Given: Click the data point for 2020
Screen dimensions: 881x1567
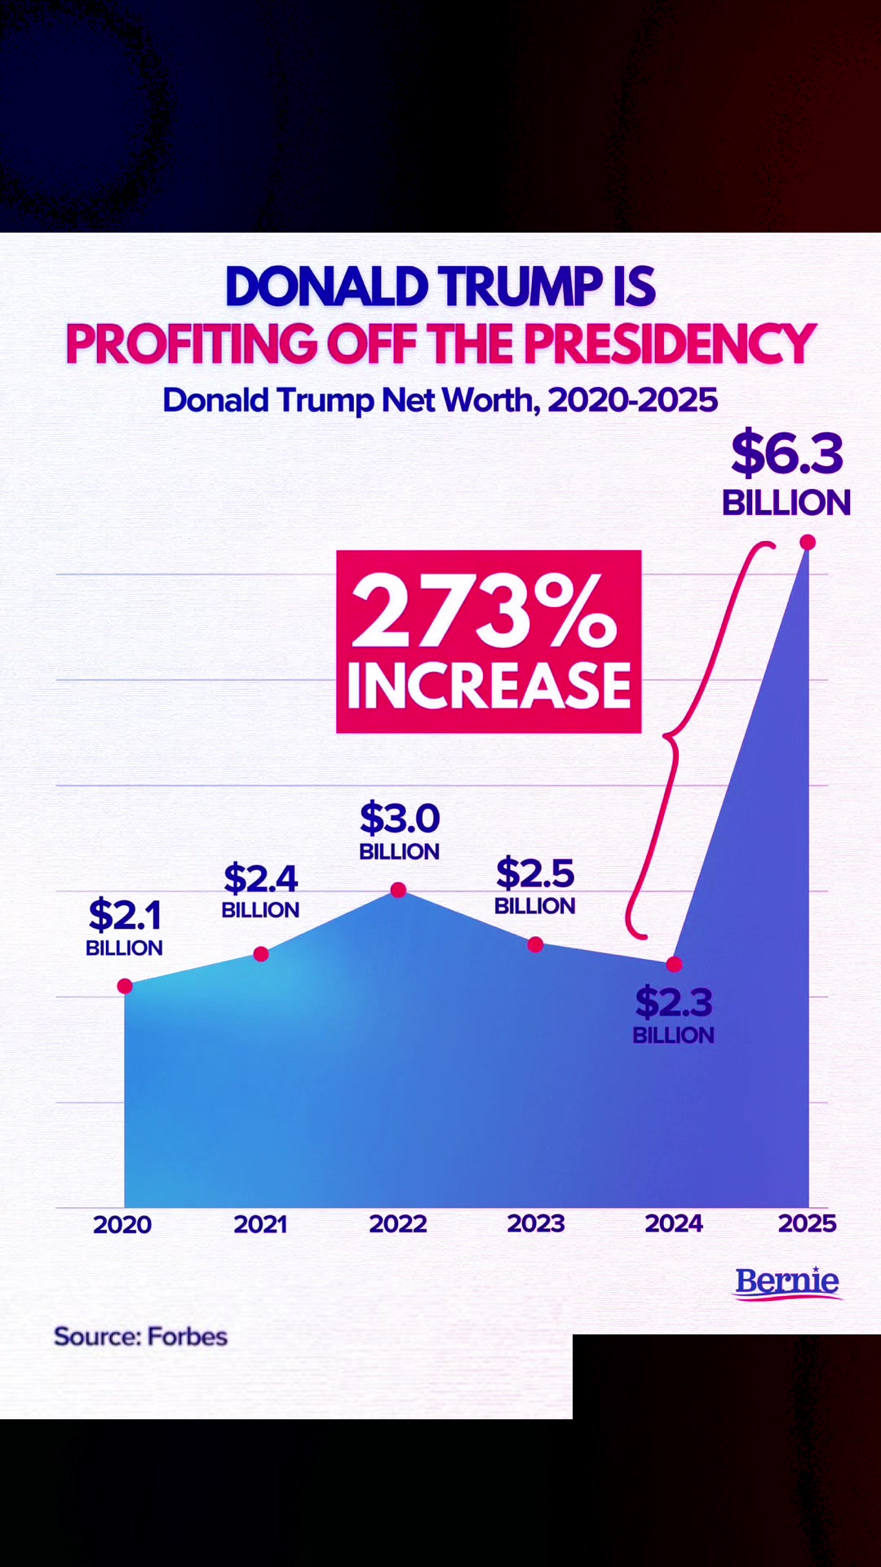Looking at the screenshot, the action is pos(125,986).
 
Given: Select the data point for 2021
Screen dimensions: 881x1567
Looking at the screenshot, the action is pos(261,954).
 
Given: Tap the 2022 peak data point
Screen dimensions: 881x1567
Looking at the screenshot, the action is pos(398,890).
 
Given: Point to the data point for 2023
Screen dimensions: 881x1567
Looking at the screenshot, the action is pos(535,944).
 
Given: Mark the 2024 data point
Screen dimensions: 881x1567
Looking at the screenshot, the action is pos(674,964).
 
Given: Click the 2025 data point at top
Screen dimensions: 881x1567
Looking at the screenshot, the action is pos(808,542).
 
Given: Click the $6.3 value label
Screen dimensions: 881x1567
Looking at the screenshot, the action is pos(787,454).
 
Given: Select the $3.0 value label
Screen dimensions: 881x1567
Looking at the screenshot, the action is pos(400,818).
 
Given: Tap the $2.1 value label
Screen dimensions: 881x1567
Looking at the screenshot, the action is pos(125,914).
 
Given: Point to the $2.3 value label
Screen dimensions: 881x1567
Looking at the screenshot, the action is pos(674,1002).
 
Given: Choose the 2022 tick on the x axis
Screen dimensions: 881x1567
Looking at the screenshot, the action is pos(398,1223).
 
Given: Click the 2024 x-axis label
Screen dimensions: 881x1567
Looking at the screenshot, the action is pos(674,1223).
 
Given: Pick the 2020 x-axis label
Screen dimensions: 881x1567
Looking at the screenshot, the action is pos(122,1224).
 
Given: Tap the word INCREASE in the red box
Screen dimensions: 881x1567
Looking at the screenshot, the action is pos(489,685).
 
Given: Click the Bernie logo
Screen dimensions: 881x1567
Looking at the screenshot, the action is pos(788,1282).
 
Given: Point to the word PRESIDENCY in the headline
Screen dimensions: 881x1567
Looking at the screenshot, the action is pos(670,344).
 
